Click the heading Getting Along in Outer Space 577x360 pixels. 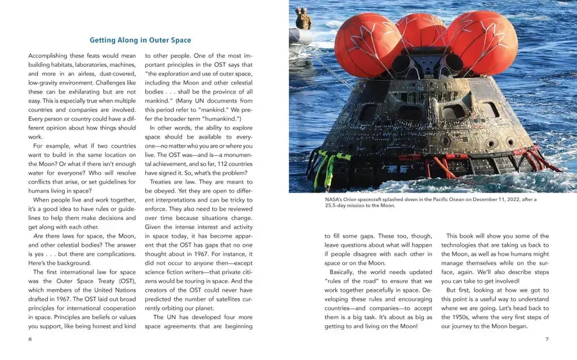[x=140, y=40]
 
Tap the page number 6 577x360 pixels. [x=30, y=339]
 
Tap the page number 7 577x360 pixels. [x=547, y=339]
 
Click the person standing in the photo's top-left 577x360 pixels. [x=303, y=19]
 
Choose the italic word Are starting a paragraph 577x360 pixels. [x=38, y=236]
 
